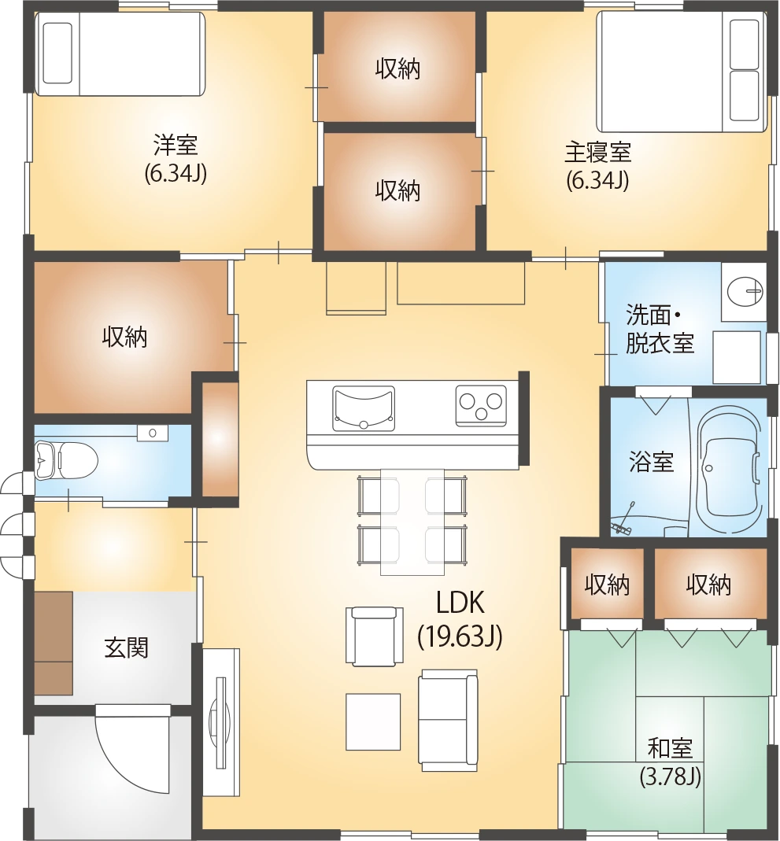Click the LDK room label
point(460,603)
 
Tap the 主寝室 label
point(597,153)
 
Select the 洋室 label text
point(176,145)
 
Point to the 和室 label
point(670,749)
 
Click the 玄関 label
point(126,648)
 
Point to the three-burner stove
point(481,405)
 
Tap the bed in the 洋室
point(120,53)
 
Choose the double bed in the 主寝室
point(680,72)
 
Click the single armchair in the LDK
point(375,636)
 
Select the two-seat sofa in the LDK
point(448,721)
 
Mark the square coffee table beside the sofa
point(373,722)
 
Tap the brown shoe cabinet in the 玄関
point(53,644)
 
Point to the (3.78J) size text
point(670,776)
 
